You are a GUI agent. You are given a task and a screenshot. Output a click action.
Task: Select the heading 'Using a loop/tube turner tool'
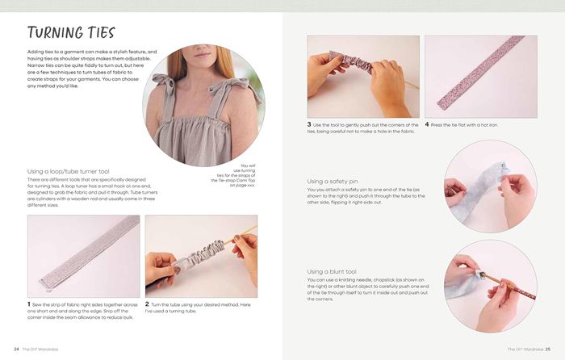point(68,172)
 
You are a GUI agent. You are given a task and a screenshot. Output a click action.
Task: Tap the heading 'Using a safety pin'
point(333,182)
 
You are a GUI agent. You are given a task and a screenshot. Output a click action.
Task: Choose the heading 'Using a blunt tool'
point(332,272)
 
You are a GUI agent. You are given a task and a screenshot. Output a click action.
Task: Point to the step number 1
point(29,304)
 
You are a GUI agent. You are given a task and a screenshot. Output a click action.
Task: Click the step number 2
point(147,304)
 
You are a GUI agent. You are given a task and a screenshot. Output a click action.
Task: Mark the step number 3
point(309,124)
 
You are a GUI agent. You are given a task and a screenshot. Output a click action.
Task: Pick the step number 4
point(427,124)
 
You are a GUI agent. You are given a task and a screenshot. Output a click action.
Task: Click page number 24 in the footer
point(17,350)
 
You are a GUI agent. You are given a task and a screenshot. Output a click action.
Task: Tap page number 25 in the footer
point(548,350)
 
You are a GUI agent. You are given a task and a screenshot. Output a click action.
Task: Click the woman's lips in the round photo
point(202,55)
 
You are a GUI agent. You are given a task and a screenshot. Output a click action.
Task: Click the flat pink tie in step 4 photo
point(481,72)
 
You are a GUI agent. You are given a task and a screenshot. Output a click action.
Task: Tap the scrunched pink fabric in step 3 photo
point(350,63)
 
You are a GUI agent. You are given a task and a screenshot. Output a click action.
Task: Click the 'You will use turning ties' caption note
point(233,175)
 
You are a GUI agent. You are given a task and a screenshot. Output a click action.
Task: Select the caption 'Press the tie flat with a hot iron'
point(464,125)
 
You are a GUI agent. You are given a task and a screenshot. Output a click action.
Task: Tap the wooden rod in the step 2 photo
point(241,234)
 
